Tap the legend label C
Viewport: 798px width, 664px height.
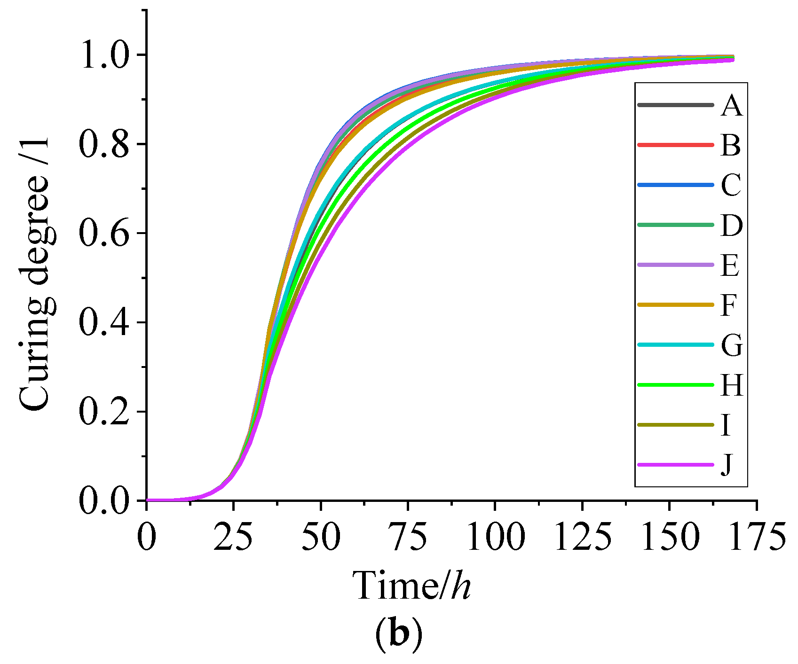(x=731, y=185)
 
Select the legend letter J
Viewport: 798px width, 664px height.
(x=727, y=465)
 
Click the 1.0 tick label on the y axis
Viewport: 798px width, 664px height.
(x=104, y=55)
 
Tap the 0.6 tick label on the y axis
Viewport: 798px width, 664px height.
(x=104, y=233)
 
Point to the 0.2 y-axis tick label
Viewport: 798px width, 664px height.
(x=104, y=412)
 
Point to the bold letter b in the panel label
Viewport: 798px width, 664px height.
(x=399, y=635)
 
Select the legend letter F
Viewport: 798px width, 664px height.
(x=729, y=305)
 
